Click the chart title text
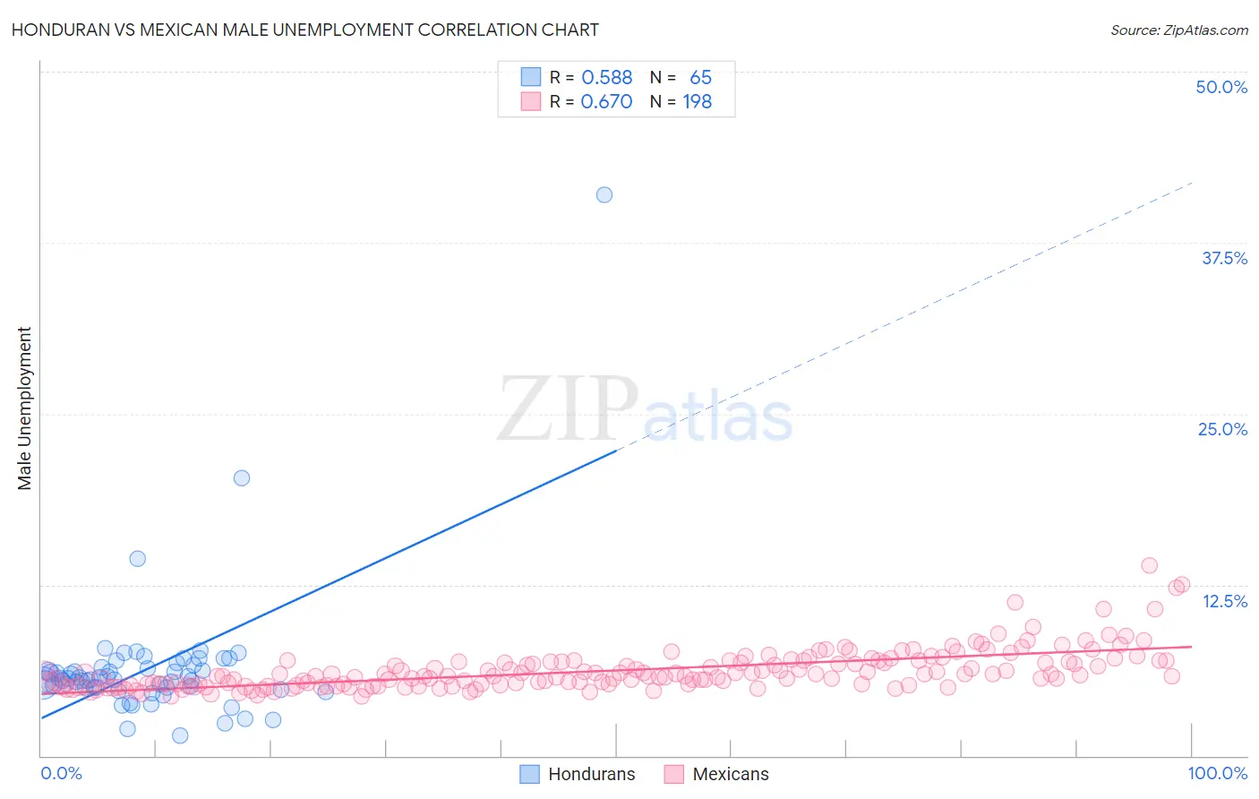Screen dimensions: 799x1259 [x=305, y=30]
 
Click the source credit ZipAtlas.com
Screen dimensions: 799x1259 [x=1178, y=30]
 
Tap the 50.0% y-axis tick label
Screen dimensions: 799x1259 [x=1221, y=87]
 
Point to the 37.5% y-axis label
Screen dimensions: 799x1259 [x=1224, y=258]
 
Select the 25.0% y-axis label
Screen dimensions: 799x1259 [x=1222, y=429]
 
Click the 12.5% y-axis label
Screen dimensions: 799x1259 [x=1224, y=601]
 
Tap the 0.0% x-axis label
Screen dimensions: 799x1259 [x=61, y=773]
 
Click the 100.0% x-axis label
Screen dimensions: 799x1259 [x=1217, y=773]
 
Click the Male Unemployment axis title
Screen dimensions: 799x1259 [x=24, y=408]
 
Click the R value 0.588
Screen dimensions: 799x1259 [x=606, y=78]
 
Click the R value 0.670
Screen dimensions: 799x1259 [x=606, y=102]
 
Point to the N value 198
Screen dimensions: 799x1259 [x=697, y=102]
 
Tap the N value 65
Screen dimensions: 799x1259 [x=700, y=78]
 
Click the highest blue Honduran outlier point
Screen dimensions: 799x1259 [x=604, y=194]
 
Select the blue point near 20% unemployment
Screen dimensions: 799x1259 [x=242, y=477]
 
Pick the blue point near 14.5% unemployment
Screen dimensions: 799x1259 [x=137, y=558]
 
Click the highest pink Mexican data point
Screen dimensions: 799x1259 [x=1150, y=565]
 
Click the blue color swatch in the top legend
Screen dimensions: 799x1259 [x=531, y=77]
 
